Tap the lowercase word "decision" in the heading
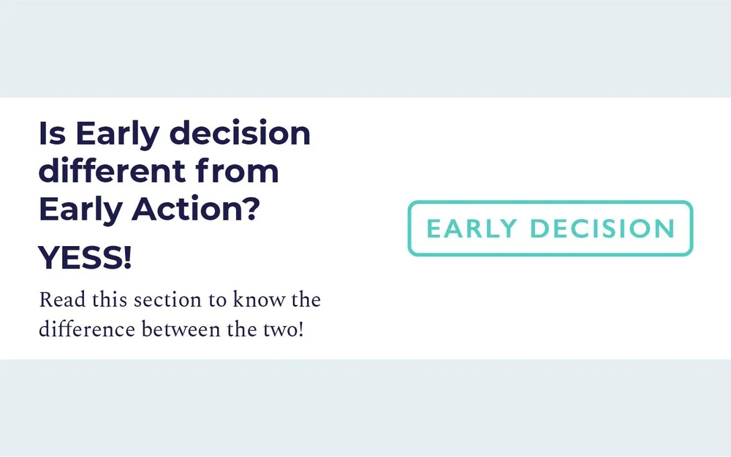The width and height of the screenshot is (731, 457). (x=240, y=134)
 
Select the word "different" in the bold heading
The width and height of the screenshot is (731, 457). (x=112, y=172)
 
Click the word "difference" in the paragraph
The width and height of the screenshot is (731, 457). (x=86, y=330)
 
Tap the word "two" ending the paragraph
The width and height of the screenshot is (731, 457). (x=279, y=330)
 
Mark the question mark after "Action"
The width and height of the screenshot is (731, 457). (x=250, y=210)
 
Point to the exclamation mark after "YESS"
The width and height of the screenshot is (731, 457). (x=128, y=258)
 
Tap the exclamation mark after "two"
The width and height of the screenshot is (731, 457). (x=299, y=330)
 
